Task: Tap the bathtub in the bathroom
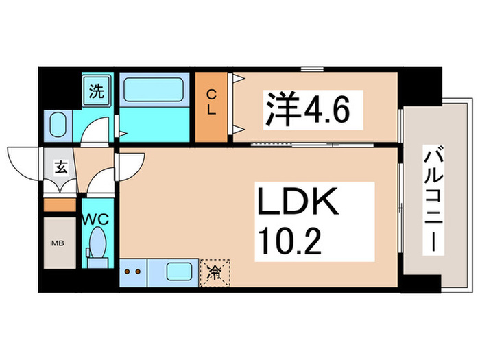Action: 153,91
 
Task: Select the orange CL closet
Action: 213,106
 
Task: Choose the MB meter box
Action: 60,243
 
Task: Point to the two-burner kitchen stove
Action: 133,272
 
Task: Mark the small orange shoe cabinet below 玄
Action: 60,204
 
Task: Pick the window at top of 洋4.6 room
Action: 312,69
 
